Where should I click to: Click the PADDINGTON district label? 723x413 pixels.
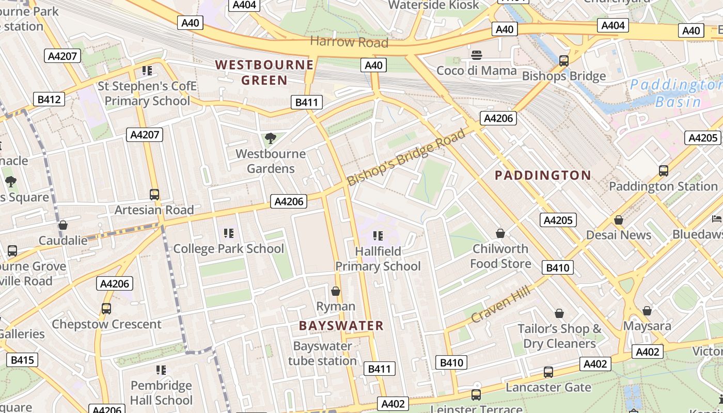point(543,176)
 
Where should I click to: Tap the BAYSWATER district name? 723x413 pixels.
point(341,326)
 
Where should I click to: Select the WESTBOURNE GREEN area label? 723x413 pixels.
point(264,72)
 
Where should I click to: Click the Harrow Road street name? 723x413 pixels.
point(349,42)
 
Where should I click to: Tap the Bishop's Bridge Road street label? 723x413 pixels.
point(406,158)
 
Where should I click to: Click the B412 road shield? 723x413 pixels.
point(50,99)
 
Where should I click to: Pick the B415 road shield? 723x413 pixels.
point(22,360)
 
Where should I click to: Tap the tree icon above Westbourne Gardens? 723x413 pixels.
point(270,138)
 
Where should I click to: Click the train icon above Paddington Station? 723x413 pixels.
point(664,170)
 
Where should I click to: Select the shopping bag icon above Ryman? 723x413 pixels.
point(336,292)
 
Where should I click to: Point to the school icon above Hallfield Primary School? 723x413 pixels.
point(378,236)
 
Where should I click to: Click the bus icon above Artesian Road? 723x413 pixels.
point(154,195)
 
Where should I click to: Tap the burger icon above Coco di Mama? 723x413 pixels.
point(476,55)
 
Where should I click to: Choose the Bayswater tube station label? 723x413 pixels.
point(322,353)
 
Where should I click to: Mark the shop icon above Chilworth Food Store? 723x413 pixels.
point(500,234)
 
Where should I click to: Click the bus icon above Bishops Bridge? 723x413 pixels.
point(564,61)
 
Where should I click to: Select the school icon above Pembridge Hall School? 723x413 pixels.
point(161,370)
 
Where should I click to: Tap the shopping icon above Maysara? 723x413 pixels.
point(647,311)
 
